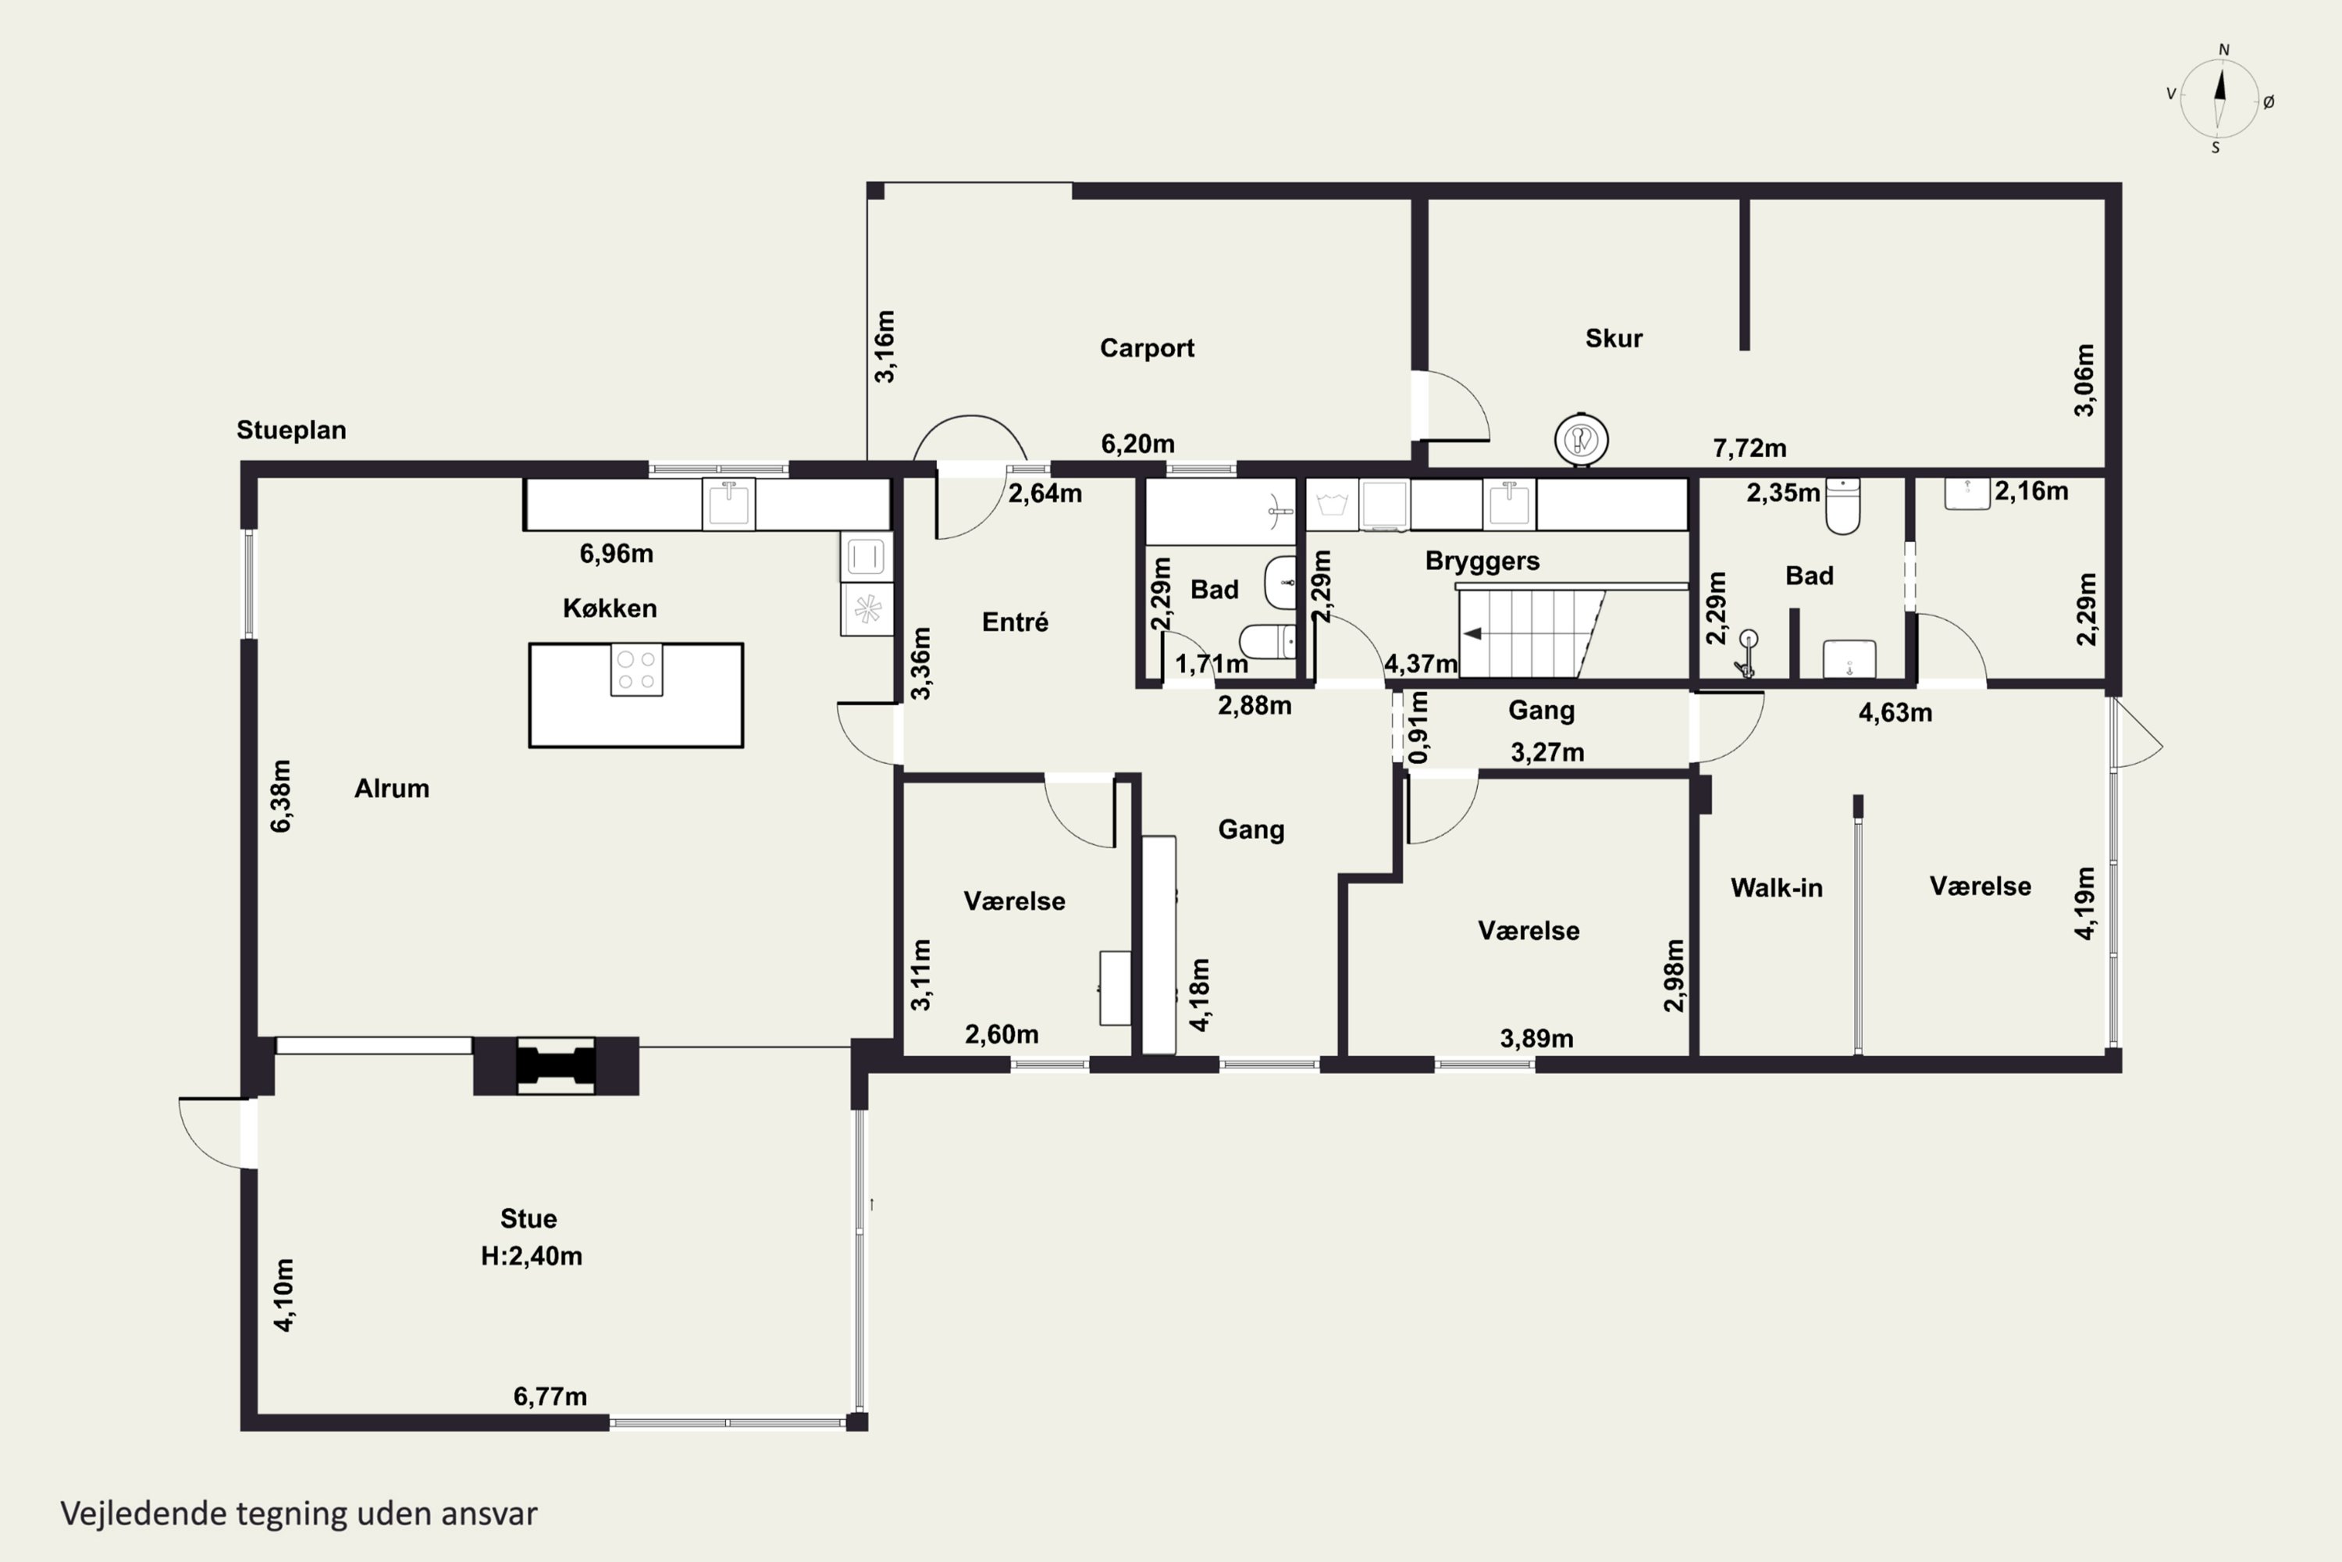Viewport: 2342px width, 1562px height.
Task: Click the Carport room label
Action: [x=1146, y=348]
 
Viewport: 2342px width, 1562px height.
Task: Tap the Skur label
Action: [x=1613, y=337]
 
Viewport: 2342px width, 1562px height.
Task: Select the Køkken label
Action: [x=610, y=608]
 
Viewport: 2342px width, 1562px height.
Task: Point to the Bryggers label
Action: [x=1482, y=561]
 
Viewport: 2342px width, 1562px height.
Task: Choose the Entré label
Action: [x=1015, y=622]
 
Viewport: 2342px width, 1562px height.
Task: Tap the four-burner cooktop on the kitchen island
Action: [x=636, y=669]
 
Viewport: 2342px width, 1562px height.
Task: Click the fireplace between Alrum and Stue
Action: [x=556, y=1066]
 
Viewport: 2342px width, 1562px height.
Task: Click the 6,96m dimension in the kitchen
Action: [x=617, y=553]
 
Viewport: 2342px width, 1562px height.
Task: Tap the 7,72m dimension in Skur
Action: [x=1749, y=448]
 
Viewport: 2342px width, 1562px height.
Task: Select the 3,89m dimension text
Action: [x=1536, y=1039]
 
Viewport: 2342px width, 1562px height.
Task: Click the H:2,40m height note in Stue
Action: [x=531, y=1256]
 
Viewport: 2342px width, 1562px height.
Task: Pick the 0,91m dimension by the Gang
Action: [x=1419, y=728]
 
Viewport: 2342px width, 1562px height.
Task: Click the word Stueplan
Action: [x=290, y=430]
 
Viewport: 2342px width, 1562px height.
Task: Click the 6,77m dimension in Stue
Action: [x=550, y=1396]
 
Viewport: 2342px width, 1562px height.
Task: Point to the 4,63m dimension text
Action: [x=1895, y=712]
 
